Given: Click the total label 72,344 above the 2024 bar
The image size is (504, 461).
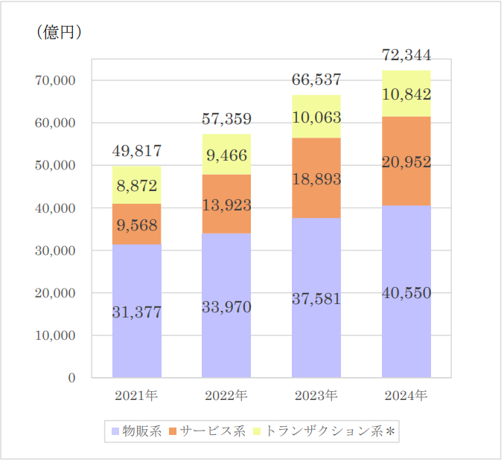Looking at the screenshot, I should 406,55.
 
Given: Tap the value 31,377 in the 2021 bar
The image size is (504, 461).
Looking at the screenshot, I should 137,313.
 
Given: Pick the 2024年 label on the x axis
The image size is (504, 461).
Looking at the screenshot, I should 406,395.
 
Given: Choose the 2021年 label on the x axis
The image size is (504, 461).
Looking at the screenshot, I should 137,395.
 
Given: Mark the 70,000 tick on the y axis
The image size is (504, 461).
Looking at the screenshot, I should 56,80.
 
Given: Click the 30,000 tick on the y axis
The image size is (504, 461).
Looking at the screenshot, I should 56,251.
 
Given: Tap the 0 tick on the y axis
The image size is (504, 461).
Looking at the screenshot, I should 71,378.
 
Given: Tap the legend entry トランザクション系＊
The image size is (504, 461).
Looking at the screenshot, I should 328,431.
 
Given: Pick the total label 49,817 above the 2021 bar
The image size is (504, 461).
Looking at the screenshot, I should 137,152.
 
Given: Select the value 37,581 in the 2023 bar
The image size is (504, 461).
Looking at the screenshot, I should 316,299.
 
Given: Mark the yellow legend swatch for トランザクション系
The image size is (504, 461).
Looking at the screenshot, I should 258,431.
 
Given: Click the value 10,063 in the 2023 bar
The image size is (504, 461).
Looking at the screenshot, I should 316,117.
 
